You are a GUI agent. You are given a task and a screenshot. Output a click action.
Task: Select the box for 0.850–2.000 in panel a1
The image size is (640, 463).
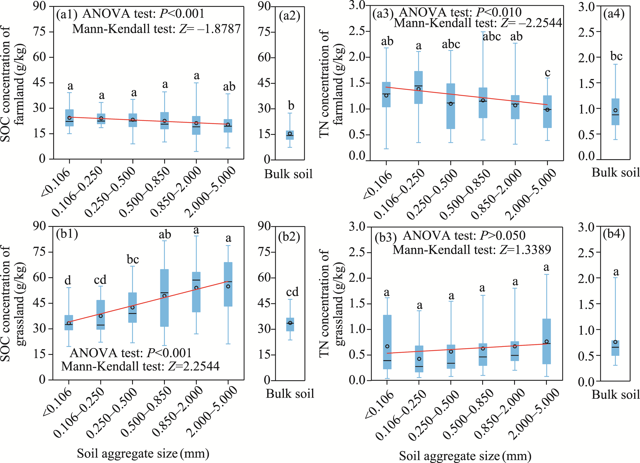click(196, 125)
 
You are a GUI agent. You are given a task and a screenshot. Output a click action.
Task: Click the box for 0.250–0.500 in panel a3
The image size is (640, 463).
click(451, 106)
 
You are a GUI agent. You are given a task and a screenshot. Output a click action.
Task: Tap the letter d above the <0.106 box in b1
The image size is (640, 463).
click(68, 281)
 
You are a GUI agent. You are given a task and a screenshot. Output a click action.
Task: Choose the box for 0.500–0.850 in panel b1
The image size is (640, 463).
click(165, 298)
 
